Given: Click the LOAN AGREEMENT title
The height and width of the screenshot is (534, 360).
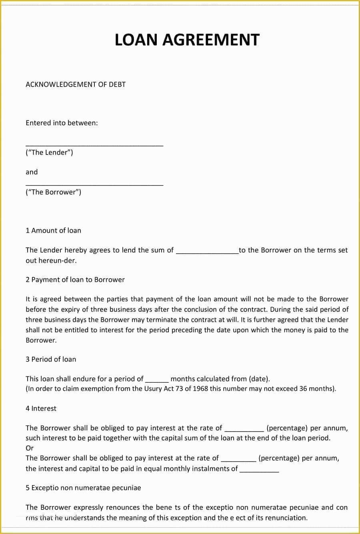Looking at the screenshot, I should (187, 40).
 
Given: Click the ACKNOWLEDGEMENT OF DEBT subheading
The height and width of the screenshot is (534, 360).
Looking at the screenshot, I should (76, 84).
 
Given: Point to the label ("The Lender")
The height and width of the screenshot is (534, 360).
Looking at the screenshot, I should (49, 153).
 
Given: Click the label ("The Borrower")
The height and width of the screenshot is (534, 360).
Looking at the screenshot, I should (53, 192).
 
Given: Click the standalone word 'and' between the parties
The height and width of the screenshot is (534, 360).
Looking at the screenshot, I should (32, 172).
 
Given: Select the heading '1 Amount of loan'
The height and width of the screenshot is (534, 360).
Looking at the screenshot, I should (53, 231).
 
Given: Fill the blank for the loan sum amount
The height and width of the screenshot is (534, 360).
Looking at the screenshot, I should (207, 252).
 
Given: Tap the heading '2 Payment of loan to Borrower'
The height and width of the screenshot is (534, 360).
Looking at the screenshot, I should (75, 280).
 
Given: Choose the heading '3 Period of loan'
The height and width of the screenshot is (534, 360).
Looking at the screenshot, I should (51, 359).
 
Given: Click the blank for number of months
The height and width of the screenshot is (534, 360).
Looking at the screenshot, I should (157, 381).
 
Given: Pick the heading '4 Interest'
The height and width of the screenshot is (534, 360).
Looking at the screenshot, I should (41, 409).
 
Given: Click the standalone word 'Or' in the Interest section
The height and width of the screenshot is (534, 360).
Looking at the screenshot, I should (30, 448).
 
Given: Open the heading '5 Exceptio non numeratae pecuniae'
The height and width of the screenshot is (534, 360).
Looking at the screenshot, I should (83, 488).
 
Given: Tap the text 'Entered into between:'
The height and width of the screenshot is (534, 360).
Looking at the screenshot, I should (62, 123).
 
